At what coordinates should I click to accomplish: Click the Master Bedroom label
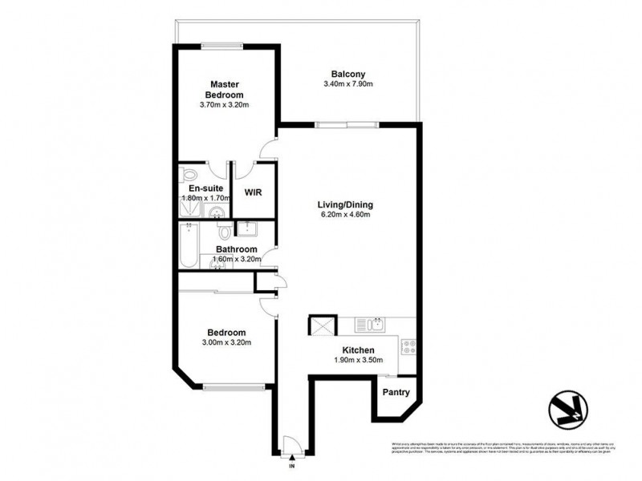click(x=226, y=88)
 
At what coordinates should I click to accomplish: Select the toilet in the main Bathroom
click(x=226, y=231)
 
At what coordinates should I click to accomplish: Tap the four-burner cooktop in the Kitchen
click(x=408, y=347)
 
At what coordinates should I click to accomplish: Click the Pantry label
click(x=396, y=393)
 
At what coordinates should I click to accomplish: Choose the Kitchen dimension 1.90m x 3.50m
click(x=359, y=361)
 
